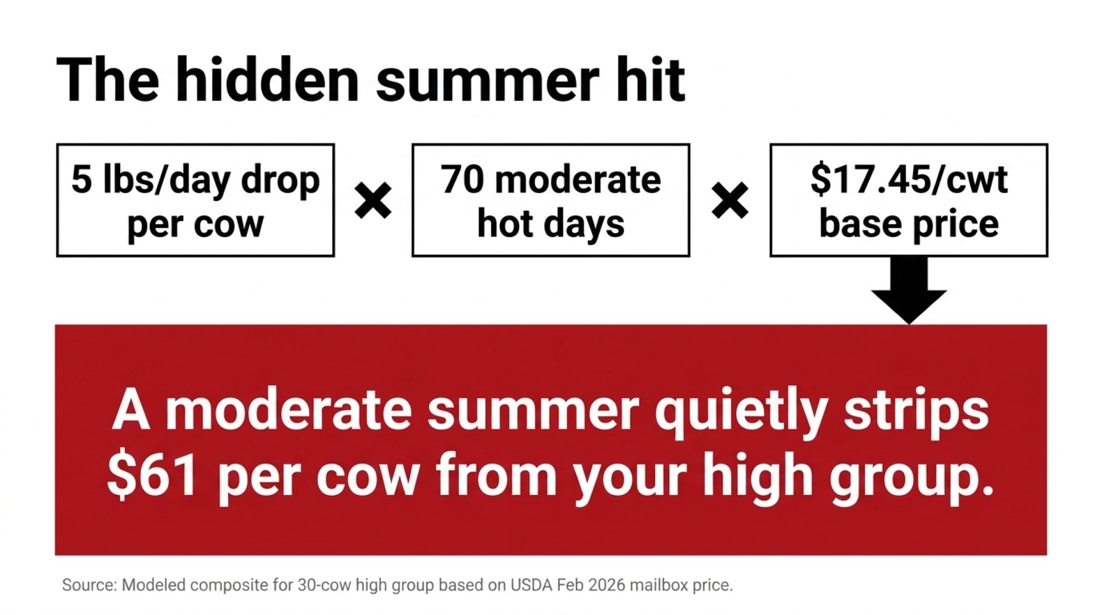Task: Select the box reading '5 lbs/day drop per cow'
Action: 196,201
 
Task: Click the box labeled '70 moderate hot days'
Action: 551,201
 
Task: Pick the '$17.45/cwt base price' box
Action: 909,201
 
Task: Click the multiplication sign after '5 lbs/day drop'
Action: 374,201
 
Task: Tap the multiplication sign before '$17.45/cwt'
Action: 730,201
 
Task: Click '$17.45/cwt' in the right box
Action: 909,180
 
